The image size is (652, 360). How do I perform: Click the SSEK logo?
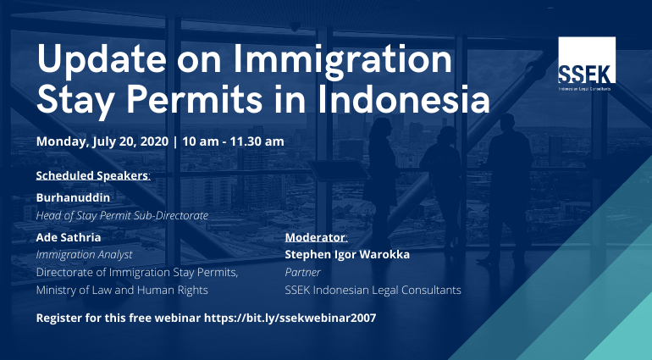pyautogui.click(x=586, y=64)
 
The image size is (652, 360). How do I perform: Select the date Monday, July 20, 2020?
pyautogui.click(x=102, y=141)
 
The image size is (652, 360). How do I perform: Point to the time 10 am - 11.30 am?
pyautogui.click(x=233, y=141)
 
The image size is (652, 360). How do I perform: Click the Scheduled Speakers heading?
pyautogui.click(x=93, y=175)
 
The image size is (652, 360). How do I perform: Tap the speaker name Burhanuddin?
pyautogui.click(x=73, y=197)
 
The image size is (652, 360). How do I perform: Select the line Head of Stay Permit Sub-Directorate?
pyautogui.click(x=122, y=216)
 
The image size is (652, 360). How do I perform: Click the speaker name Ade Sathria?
pyautogui.click(x=69, y=237)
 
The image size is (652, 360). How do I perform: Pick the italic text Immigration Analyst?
pyautogui.click(x=85, y=255)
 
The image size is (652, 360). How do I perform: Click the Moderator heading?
pyautogui.click(x=316, y=237)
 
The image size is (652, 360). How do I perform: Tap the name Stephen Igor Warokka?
pyautogui.click(x=347, y=255)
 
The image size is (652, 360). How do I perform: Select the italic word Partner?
pyautogui.click(x=303, y=272)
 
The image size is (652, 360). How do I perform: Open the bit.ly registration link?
pyautogui.click(x=290, y=318)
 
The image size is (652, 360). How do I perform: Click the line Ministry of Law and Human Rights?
pyautogui.click(x=122, y=290)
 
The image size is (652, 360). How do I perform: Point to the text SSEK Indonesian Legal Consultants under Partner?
pyautogui.click(x=373, y=290)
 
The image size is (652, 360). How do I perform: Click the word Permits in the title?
pyautogui.click(x=194, y=99)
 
